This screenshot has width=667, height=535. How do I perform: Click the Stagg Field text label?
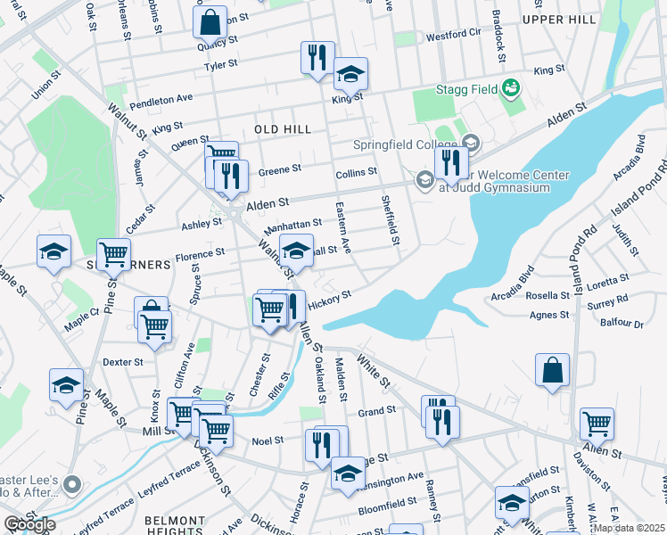(466, 89)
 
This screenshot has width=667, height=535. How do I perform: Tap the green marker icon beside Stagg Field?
(512, 88)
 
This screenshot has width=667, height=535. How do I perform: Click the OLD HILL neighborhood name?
(283, 129)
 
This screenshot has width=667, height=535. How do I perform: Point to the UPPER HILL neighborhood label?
(559, 19)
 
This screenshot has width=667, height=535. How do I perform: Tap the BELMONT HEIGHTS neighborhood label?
(182, 525)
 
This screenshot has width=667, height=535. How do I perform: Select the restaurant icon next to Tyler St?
(317, 59)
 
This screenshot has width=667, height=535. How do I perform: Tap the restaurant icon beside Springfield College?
(451, 164)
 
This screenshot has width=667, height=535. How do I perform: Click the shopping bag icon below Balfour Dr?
(552, 370)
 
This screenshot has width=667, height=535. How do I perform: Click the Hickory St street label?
(330, 300)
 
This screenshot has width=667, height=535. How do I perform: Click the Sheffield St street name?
(390, 220)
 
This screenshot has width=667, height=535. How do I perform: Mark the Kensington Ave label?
(391, 477)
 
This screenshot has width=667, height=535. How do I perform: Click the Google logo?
(29, 524)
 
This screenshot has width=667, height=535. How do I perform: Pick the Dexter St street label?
(123, 362)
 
